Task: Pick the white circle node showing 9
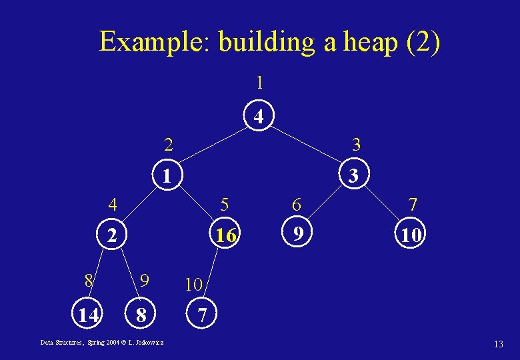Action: click(x=299, y=233)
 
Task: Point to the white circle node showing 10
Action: click(x=409, y=235)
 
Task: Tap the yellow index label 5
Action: click(x=225, y=204)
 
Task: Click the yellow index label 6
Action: click(x=297, y=205)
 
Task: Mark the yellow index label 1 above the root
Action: click(x=259, y=83)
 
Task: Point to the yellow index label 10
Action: click(x=193, y=285)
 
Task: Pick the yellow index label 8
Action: click(x=89, y=279)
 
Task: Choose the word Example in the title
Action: click(x=154, y=43)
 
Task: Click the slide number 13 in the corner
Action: click(x=498, y=345)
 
